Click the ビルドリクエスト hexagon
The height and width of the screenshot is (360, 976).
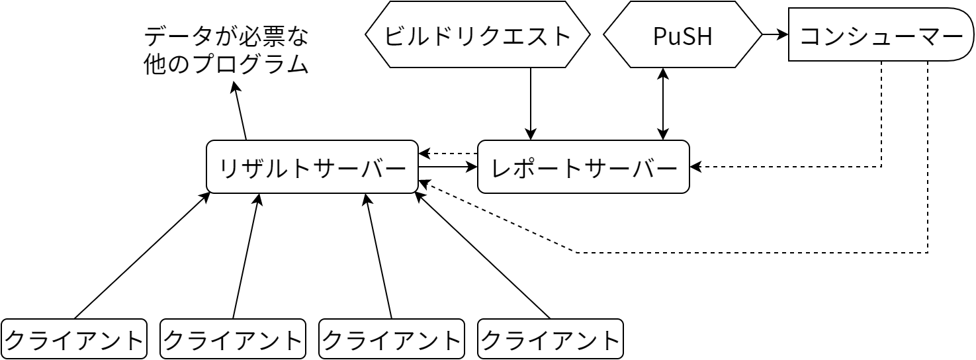[x=477, y=35]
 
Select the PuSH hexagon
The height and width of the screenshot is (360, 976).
[x=682, y=35]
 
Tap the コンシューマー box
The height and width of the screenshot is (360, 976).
[x=880, y=35]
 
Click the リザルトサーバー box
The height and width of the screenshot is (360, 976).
[x=312, y=167]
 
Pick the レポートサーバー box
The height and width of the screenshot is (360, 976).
[x=583, y=167]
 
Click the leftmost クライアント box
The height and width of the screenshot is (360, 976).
[x=73, y=339]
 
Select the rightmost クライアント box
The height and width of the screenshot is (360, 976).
[x=550, y=339]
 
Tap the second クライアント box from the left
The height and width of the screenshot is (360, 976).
[x=232, y=339]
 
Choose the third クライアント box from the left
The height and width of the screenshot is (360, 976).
[x=391, y=339]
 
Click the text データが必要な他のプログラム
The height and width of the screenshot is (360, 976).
[x=226, y=50]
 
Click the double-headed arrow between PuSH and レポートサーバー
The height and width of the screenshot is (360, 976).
[x=663, y=104]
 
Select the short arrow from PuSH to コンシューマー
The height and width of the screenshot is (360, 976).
[x=775, y=34]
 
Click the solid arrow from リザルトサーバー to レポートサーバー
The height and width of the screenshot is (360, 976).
[x=448, y=167]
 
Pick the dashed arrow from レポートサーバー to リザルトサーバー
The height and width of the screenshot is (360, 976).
[x=448, y=154]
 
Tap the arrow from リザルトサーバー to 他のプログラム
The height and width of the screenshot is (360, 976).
[x=240, y=111]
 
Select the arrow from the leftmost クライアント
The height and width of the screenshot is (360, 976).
[x=142, y=256]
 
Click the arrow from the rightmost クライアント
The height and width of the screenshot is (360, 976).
[x=483, y=256]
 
